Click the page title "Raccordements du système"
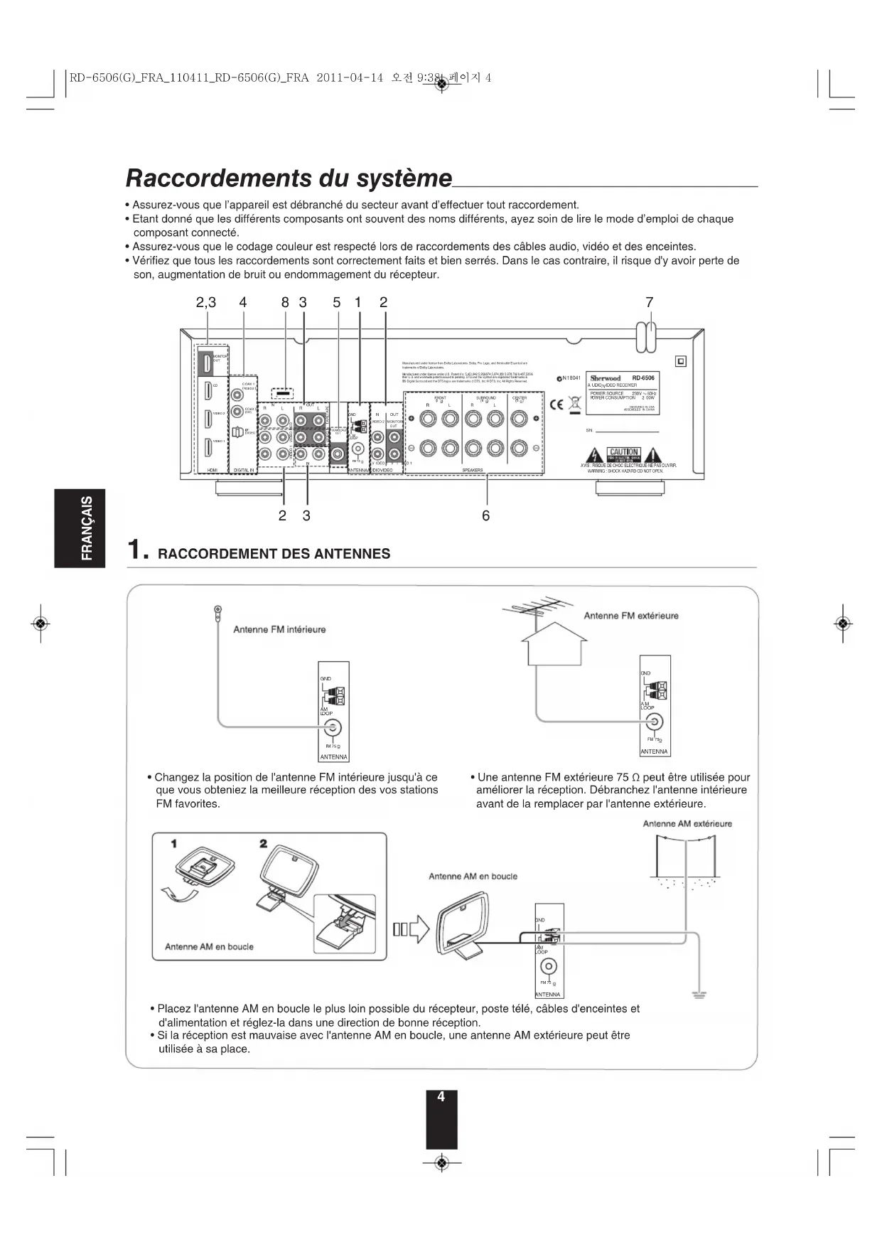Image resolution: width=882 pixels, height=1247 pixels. pyautogui.click(x=289, y=178)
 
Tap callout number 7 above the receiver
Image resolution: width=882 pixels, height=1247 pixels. pyautogui.click(x=649, y=302)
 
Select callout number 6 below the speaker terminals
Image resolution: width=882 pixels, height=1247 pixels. pyautogui.click(x=486, y=515)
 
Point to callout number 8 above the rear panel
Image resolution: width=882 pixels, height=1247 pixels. pyautogui.click(x=285, y=302)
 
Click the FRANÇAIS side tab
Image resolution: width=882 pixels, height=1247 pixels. pyautogui.click(x=80, y=528)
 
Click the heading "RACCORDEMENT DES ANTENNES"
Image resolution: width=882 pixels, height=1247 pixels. pyautogui.click(x=274, y=554)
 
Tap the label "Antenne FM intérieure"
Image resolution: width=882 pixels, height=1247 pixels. pyautogui.click(x=279, y=629)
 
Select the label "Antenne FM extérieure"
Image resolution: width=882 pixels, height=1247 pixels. pyautogui.click(x=631, y=616)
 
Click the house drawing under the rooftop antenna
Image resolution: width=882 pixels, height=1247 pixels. pyautogui.click(x=554, y=648)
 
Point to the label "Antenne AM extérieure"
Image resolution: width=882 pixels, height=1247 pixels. pyautogui.click(x=687, y=824)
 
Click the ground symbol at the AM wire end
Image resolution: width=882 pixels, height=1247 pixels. pyautogui.click(x=699, y=994)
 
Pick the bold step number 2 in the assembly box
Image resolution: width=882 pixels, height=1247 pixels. pyautogui.click(x=263, y=843)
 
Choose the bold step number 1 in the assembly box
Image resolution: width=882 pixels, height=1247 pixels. pyautogui.click(x=173, y=843)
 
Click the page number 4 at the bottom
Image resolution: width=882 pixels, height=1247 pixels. pyautogui.click(x=441, y=1097)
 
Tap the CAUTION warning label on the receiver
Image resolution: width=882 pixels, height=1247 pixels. pyautogui.click(x=623, y=453)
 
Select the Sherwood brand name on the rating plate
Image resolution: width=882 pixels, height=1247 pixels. pyautogui.click(x=606, y=378)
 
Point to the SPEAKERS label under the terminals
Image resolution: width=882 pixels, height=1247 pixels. pyautogui.click(x=473, y=470)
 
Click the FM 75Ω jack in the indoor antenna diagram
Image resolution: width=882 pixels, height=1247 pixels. pyautogui.click(x=333, y=727)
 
